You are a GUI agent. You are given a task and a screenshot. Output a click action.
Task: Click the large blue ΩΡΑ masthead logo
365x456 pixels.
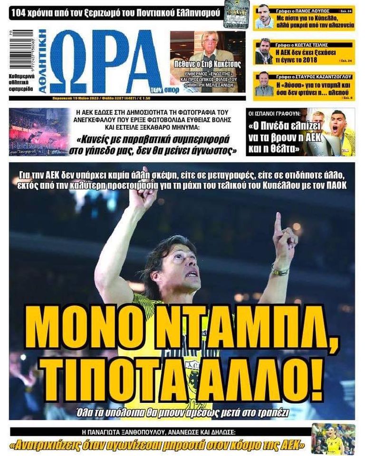point(107,62)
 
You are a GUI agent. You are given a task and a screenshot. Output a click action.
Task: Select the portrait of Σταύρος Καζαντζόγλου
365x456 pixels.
point(264,85)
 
